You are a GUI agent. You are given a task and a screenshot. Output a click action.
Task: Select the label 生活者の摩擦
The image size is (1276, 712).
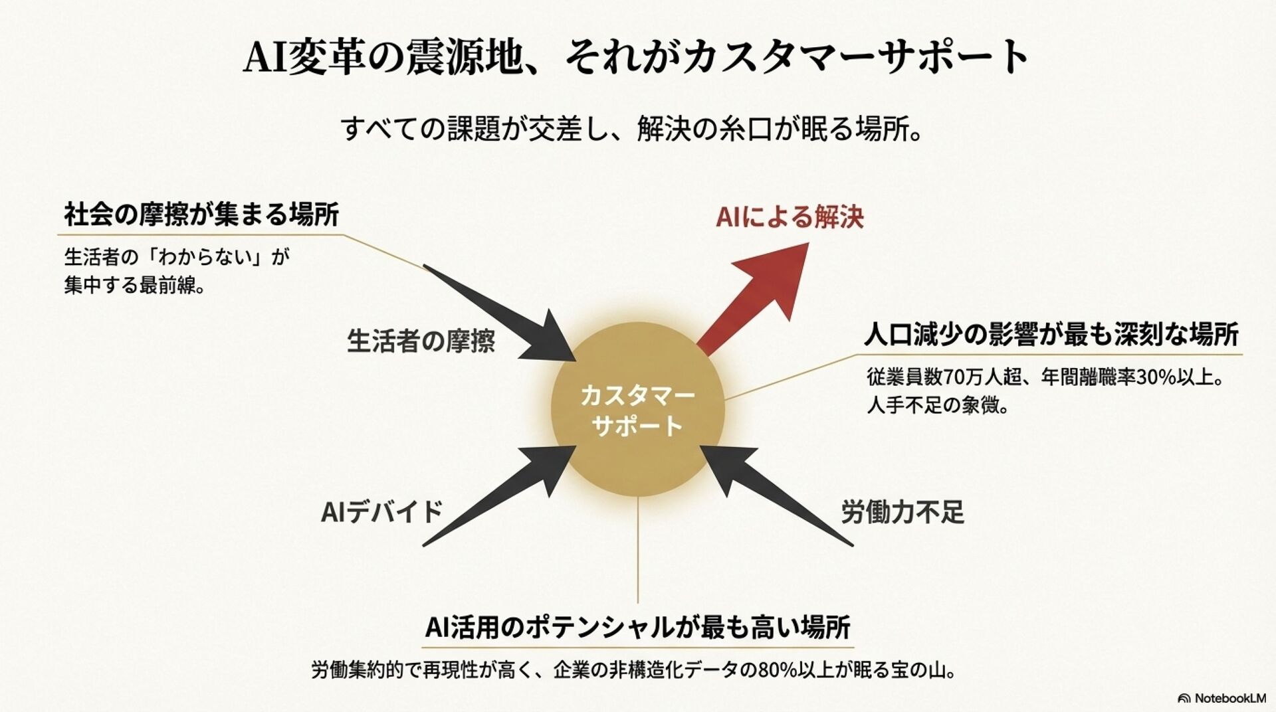[421, 341]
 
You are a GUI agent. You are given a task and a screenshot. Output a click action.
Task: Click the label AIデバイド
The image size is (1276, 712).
[381, 512]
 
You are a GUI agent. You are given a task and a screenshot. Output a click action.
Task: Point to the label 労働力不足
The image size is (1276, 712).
[903, 512]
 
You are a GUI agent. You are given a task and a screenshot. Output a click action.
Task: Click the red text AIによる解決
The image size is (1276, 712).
[790, 217]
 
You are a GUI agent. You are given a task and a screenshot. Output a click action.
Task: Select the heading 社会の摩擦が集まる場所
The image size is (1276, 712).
[201, 215]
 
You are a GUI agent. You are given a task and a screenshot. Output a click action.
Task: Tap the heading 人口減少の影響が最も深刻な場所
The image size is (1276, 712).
[1051, 335]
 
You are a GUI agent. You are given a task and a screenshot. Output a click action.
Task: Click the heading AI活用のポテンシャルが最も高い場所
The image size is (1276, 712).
[638, 626]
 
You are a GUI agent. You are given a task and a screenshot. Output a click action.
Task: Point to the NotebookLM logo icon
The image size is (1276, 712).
[1184, 698]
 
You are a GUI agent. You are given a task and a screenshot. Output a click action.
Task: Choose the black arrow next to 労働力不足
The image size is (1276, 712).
[774, 492]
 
